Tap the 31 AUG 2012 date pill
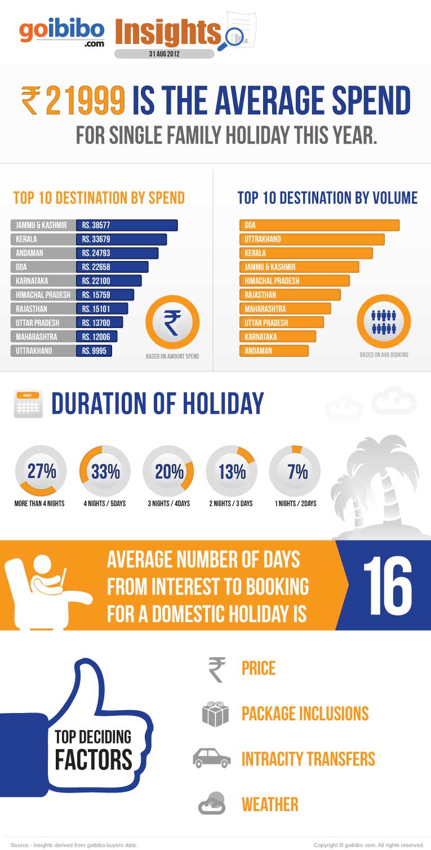click(164, 54)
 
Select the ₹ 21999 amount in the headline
click(73, 101)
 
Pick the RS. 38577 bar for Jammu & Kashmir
click(127, 225)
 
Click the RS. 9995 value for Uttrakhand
click(95, 351)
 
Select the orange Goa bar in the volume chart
click(319, 225)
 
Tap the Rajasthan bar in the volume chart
click(290, 295)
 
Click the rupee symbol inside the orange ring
click(172, 322)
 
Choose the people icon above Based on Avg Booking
click(384, 322)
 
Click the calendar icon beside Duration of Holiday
click(28, 404)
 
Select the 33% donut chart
click(105, 472)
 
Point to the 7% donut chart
click(297, 472)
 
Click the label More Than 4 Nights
click(39, 503)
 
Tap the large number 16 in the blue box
click(387, 586)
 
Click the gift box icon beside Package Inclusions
click(215, 714)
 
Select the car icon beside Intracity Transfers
click(212, 758)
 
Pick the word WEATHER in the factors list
click(270, 804)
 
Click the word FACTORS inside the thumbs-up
click(94, 759)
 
